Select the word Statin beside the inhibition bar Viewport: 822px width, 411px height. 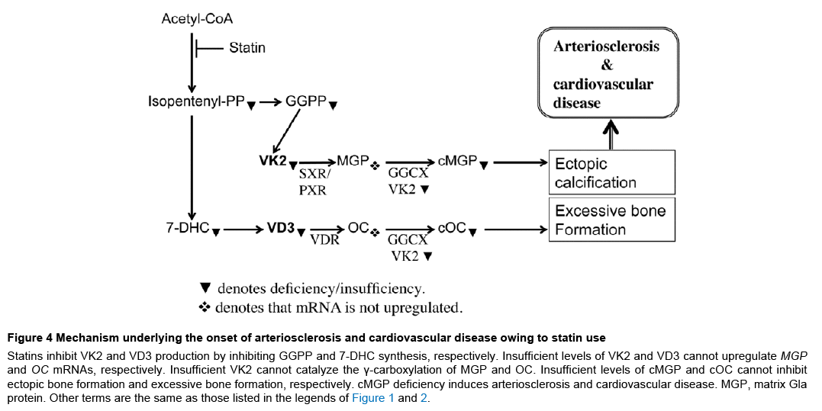point(247,48)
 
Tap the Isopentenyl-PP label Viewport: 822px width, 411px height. point(196,101)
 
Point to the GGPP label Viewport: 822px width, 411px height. point(306,101)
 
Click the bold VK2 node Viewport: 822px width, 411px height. point(272,161)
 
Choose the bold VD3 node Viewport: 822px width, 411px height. point(280,228)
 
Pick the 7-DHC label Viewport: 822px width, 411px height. point(188,228)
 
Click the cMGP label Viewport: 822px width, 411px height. point(457,161)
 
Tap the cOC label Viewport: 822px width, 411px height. point(452,228)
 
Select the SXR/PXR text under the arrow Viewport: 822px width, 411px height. point(312,182)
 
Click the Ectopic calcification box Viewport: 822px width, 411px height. point(612,173)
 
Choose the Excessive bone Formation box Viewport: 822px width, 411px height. point(612,220)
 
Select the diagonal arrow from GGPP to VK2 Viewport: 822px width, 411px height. point(286,130)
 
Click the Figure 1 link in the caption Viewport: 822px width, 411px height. point(373,397)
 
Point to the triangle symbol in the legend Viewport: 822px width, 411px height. point(205,288)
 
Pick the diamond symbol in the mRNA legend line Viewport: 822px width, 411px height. point(205,308)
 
